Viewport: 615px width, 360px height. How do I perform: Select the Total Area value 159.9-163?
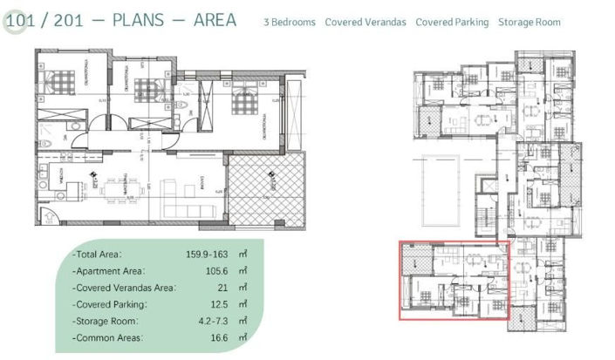click(x=202, y=255)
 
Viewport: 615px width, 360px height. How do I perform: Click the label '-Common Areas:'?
click(x=109, y=336)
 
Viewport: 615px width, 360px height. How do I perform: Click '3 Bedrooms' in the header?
click(x=290, y=22)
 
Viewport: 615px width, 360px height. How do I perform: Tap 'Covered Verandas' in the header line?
click(x=366, y=22)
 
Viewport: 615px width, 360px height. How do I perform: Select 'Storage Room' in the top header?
click(x=530, y=22)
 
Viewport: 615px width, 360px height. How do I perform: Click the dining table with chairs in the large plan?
click(x=120, y=185)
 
